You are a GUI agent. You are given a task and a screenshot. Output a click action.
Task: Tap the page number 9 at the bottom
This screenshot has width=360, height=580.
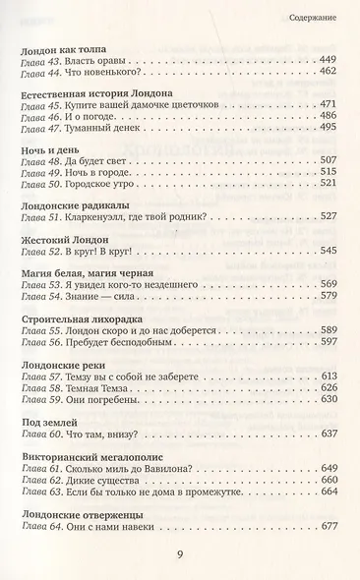point(180,556)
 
